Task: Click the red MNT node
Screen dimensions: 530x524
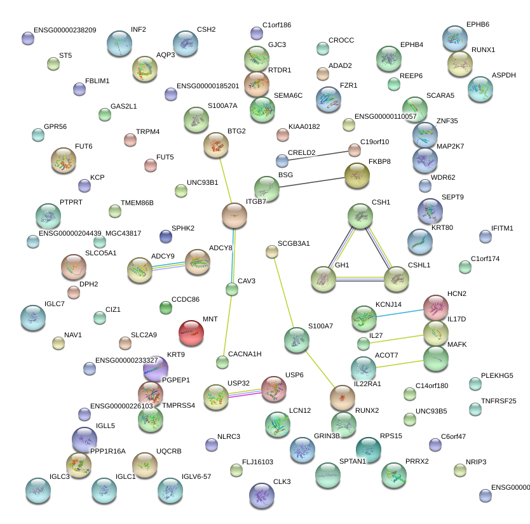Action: [x=191, y=332]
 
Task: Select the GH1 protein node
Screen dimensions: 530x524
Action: [x=323, y=279]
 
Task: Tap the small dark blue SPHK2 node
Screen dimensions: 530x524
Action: [x=166, y=236]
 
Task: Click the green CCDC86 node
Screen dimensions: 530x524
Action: [x=166, y=308]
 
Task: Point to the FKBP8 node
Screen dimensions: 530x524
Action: [x=357, y=176]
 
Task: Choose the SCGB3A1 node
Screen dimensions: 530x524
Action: [x=272, y=252]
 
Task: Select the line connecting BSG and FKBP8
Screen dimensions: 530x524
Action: [x=312, y=182]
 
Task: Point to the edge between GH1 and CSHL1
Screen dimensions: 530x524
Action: [x=360, y=279]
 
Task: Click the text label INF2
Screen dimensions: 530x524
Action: [x=139, y=30]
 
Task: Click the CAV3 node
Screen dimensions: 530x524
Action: [x=232, y=290]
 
